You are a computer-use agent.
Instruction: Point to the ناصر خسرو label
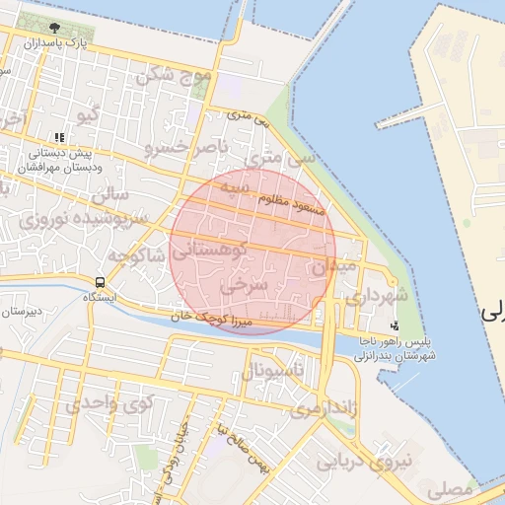pos(187,148)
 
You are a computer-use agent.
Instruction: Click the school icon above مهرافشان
pos(59,138)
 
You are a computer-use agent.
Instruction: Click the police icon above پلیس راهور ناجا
pos(396,325)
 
